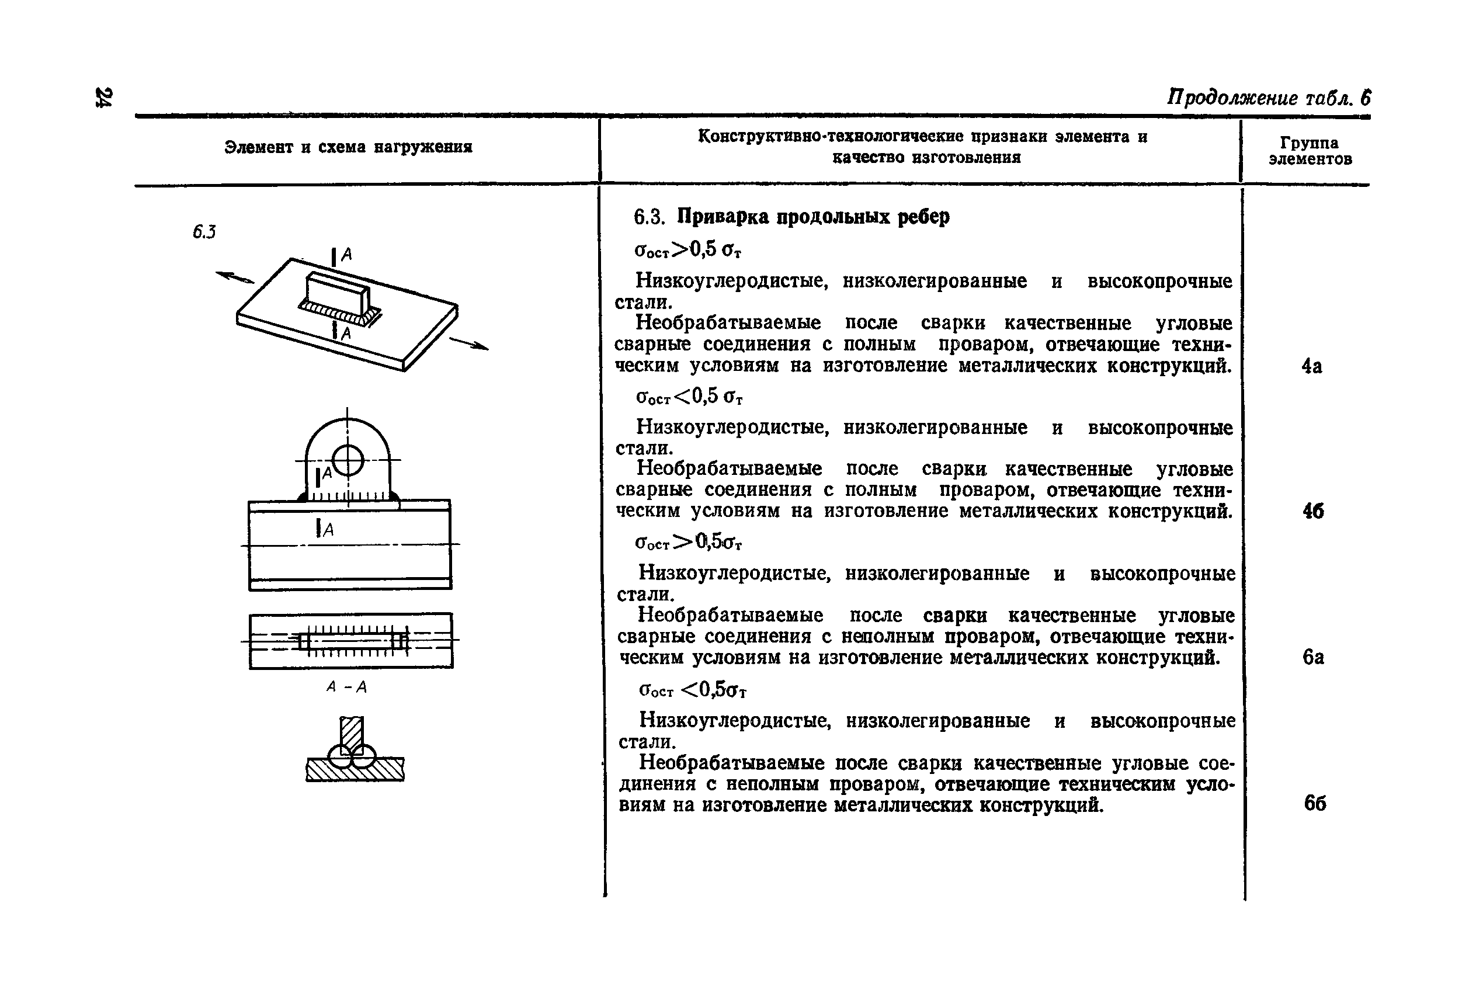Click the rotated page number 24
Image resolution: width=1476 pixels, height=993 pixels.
click(x=103, y=97)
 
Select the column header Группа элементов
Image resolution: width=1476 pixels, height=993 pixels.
click(x=1310, y=151)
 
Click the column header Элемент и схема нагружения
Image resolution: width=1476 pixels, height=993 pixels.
click(x=348, y=148)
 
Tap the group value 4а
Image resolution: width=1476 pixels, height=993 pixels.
click(x=1311, y=367)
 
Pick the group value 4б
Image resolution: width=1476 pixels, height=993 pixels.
click(x=1312, y=511)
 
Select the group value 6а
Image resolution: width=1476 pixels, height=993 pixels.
click(x=1312, y=657)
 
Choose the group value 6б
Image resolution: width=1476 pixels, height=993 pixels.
click(x=1315, y=803)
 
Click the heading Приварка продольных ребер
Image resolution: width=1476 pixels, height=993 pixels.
click(x=813, y=217)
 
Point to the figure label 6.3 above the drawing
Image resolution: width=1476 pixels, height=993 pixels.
click(x=204, y=232)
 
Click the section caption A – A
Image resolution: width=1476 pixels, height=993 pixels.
click(x=346, y=687)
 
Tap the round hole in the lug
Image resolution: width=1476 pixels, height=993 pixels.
click(x=348, y=460)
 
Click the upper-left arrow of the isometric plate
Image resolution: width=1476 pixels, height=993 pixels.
click(x=234, y=277)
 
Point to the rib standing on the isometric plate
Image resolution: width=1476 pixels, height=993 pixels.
click(x=336, y=293)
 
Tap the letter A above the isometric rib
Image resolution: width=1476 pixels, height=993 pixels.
click(x=346, y=255)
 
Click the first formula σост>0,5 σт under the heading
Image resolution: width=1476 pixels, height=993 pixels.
click(x=687, y=250)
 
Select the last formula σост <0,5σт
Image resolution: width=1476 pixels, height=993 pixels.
click(x=693, y=690)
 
